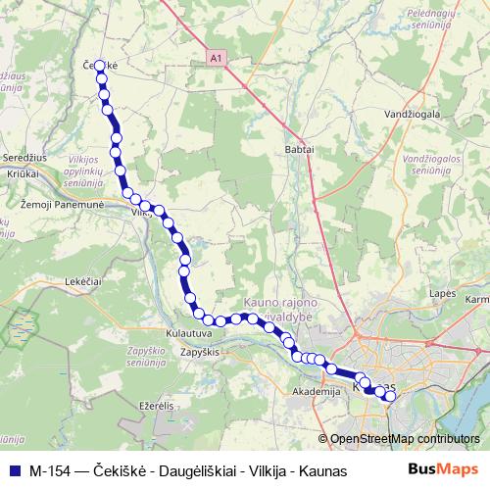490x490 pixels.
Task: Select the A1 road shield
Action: click(215, 59)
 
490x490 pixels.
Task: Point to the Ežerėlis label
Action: click(155, 405)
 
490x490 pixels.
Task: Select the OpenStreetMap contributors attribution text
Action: click(404, 439)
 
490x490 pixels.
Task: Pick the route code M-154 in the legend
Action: click(49, 470)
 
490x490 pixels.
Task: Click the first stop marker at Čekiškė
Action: click(99, 67)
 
